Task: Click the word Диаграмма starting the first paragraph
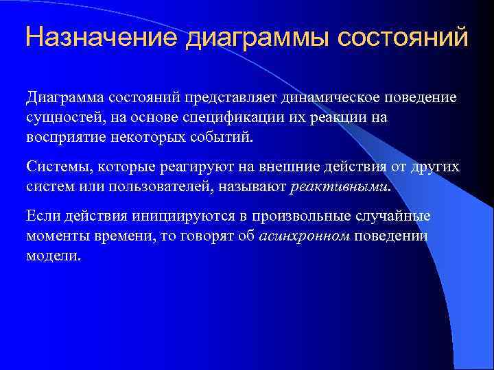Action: click(x=67, y=97)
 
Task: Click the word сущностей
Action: click(x=66, y=116)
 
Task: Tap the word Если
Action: click(x=43, y=217)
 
